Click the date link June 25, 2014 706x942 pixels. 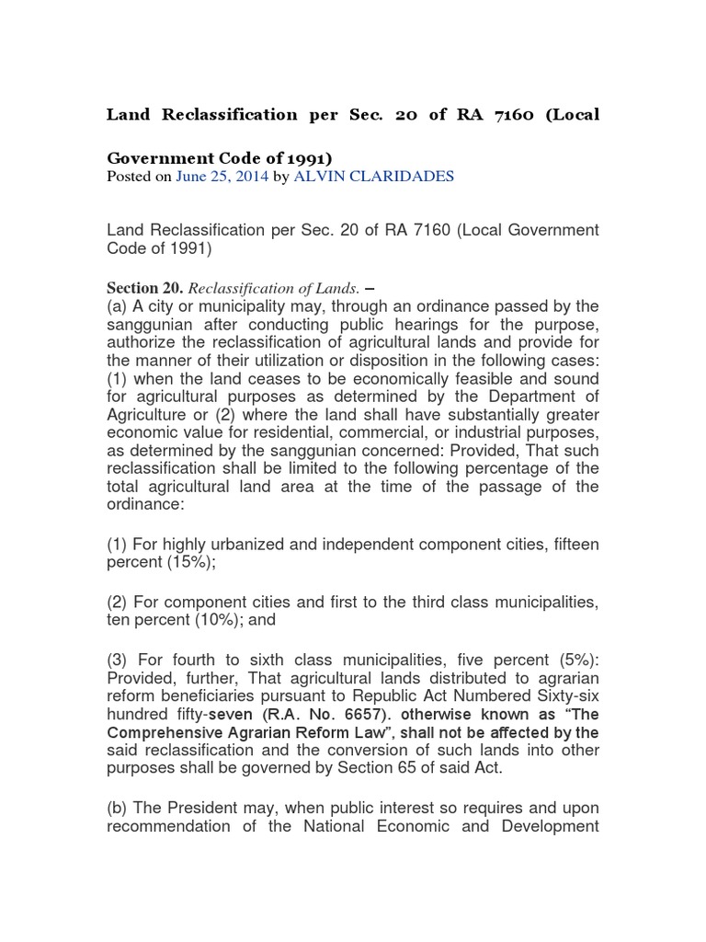(222, 177)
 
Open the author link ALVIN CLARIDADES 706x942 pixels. (374, 177)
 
